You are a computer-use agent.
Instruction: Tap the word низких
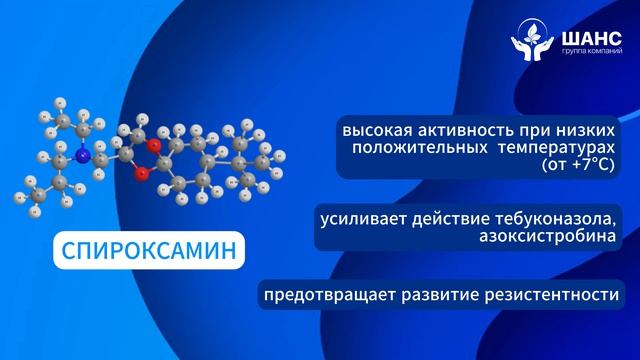(x=578, y=131)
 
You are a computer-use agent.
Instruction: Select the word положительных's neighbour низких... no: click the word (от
(x=553, y=163)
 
